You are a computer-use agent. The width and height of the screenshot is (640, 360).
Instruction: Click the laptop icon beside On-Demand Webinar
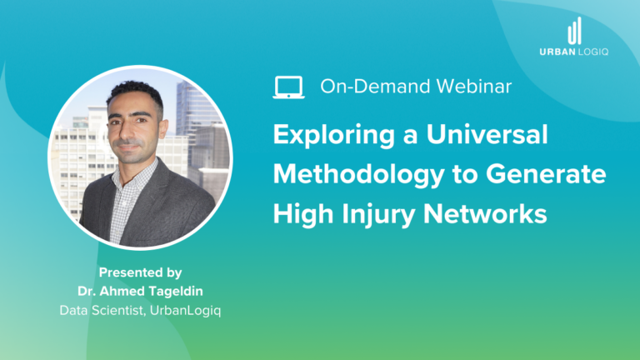coord(288,86)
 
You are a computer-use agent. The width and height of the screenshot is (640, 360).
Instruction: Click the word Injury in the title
coord(382,214)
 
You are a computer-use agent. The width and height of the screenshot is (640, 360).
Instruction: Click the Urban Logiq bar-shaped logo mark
coord(574,32)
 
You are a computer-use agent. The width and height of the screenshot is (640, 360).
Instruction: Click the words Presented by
coord(140,272)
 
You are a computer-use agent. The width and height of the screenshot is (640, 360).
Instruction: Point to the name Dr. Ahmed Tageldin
coord(140,291)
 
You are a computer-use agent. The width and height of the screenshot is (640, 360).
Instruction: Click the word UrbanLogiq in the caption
coord(188,310)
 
